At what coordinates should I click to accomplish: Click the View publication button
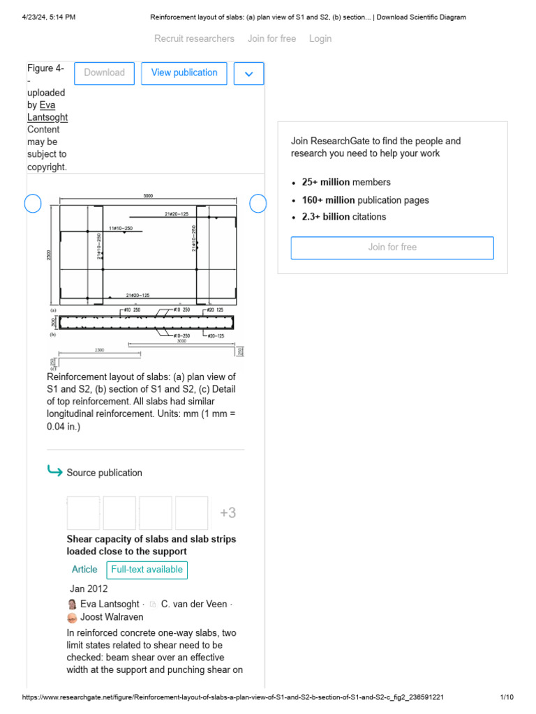184,73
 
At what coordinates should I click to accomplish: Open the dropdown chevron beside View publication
249,73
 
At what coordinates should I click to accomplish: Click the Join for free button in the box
392,248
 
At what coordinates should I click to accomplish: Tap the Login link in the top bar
320,38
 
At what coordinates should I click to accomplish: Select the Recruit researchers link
194,38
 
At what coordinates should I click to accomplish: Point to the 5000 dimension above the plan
148,197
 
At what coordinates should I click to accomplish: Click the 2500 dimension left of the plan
50,255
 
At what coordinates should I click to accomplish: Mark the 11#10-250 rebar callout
121,228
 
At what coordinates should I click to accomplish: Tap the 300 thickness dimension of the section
53,322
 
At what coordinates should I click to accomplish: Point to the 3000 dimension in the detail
181,342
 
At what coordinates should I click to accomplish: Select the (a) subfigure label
53,310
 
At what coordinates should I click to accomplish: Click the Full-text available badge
147,570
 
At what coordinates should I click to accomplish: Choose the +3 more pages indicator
228,513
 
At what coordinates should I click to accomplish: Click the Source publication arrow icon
54,472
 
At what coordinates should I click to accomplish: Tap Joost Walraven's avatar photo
72,618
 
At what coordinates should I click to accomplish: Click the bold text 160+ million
329,200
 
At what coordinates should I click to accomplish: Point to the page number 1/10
507,697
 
